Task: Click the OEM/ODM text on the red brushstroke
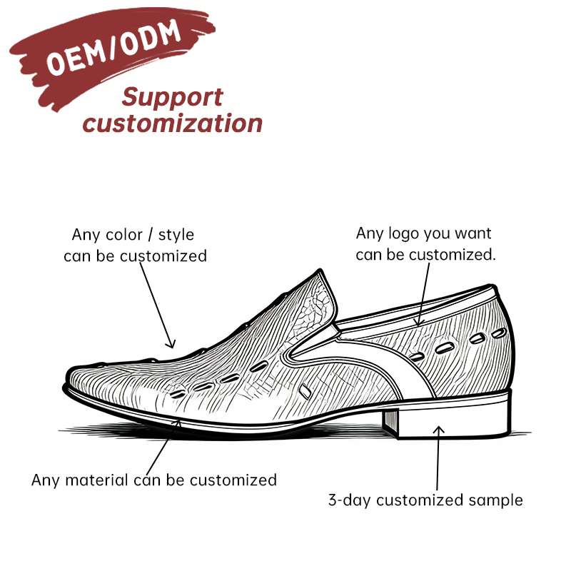click(x=113, y=47)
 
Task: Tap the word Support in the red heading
click(x=172, y=98)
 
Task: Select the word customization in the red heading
click(x=173, y=123)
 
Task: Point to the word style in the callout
click(x=176, y=236)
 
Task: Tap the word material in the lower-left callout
click(x=97, y=480)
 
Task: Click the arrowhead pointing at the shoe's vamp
click(x=171, y=344)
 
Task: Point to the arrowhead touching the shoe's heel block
click(x=439, y=430)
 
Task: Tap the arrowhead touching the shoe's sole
click(x=177, y=423)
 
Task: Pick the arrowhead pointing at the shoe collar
click(x=419, y=322)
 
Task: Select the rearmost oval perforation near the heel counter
click(x=498, y=333)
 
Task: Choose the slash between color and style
click(x=150, y=235)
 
